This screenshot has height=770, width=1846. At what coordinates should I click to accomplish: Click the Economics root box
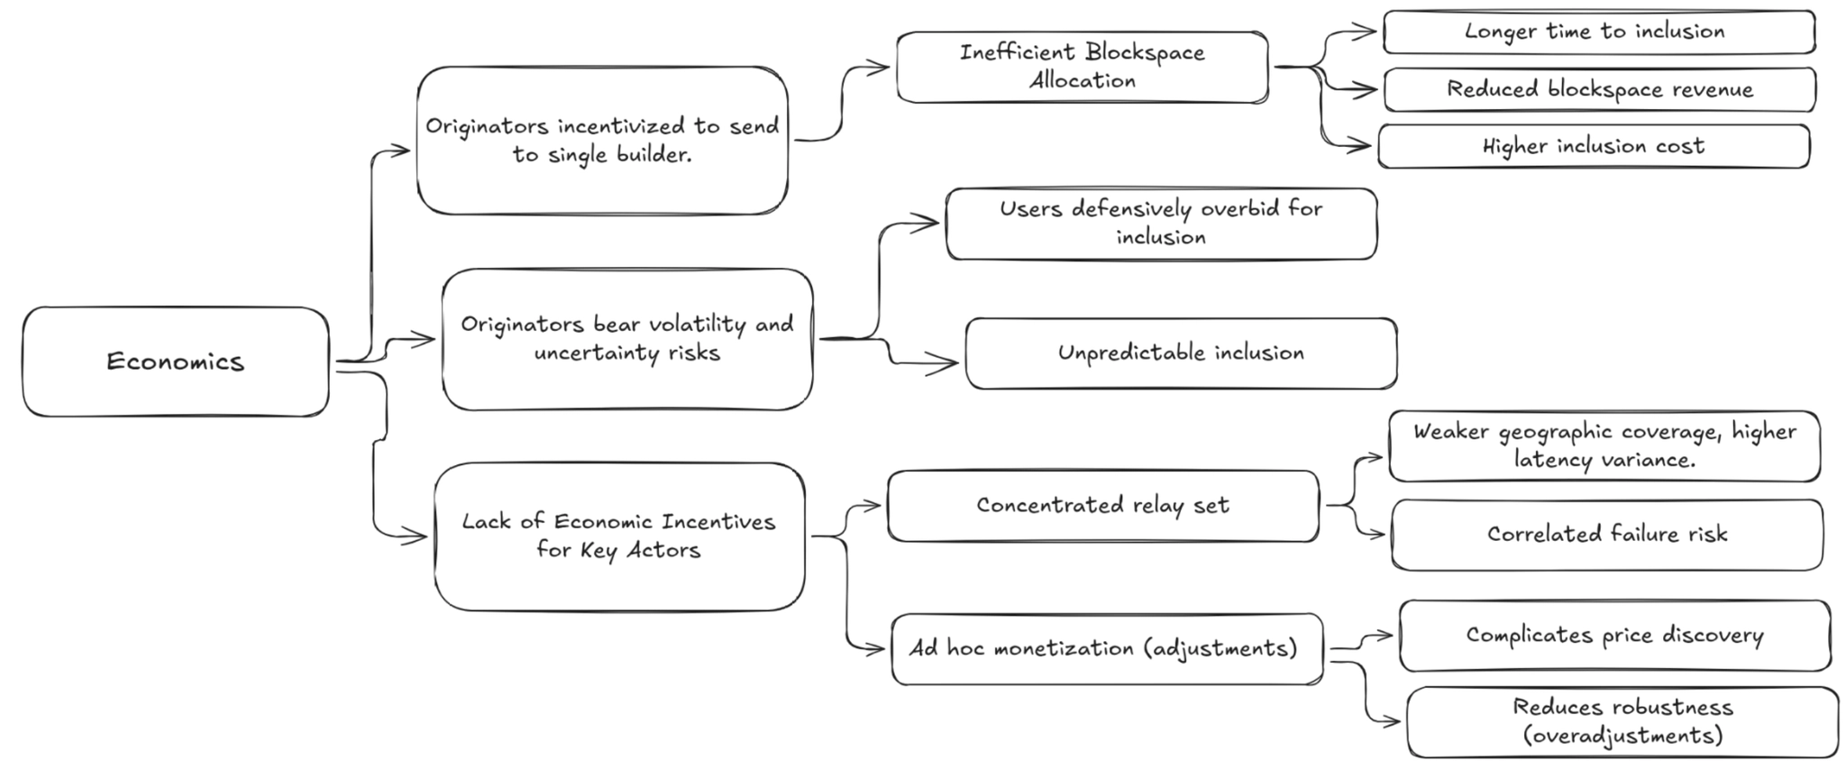pos(176,362)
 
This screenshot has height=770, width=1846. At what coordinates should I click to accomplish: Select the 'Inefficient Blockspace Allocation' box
pos(1082,67)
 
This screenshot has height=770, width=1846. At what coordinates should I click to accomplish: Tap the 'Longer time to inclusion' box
pos(1598,32)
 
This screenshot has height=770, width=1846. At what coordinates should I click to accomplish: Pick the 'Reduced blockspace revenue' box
pos(1599,89)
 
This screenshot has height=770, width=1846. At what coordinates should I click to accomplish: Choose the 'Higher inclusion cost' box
pos(1593,146)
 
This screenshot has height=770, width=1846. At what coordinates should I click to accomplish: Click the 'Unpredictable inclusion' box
pos(1181,353)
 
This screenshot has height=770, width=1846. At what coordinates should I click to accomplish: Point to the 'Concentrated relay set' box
pos(1102,505)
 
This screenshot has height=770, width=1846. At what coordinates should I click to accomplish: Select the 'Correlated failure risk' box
pos(1606,534)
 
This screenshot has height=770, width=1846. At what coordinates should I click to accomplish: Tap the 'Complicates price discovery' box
pos(1613,636)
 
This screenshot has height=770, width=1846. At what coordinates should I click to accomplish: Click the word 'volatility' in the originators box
pos(682,325)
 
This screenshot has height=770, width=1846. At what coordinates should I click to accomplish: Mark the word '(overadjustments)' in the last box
pos(1622,736)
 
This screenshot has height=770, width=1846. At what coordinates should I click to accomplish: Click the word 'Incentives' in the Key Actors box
pos(717,522)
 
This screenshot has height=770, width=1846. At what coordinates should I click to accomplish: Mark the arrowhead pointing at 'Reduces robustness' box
pos(1394,721)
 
